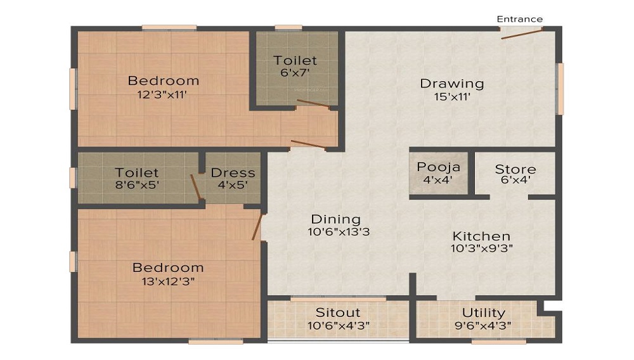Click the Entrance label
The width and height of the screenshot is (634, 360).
(519, 19)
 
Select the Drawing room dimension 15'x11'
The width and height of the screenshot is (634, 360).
(452, 97)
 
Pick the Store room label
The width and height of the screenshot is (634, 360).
(515, 169)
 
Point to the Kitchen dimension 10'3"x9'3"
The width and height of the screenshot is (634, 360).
(481, 248)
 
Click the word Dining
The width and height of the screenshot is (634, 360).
(339, 219)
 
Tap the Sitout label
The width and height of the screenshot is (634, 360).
(338, 312)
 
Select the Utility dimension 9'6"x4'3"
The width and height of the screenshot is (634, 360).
(483, 326)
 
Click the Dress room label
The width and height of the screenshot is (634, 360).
(233, 172)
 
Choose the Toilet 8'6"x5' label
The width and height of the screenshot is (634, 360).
(137, 172)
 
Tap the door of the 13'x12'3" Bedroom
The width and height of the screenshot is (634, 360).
(257, 226)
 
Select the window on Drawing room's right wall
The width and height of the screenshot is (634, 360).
(560, 89)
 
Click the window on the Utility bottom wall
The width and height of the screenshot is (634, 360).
(498, 342)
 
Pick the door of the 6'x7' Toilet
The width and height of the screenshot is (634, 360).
(313, 105)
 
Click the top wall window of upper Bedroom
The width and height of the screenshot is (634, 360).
(169, 27)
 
